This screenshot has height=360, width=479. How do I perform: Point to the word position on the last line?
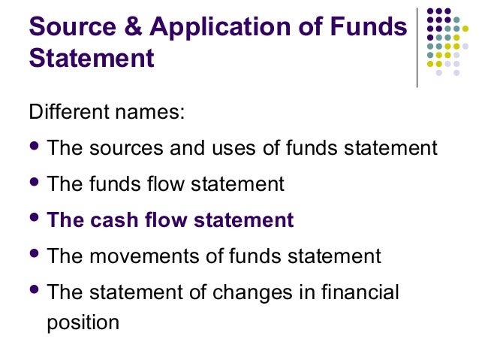[x=83, y=322]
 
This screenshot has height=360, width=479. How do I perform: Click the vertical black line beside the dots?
[x=417, y=44]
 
